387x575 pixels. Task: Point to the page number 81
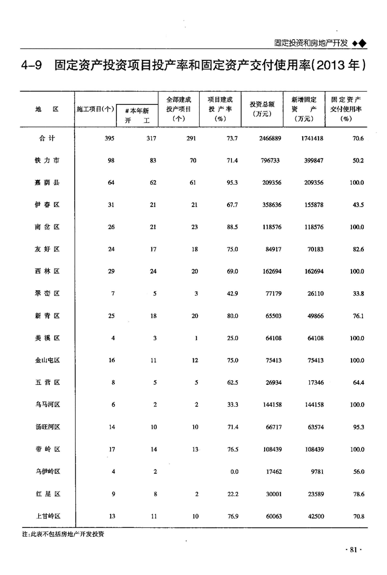[354, 551]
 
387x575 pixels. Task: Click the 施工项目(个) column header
[95, 109]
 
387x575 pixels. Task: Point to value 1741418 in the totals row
[311, 138]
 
